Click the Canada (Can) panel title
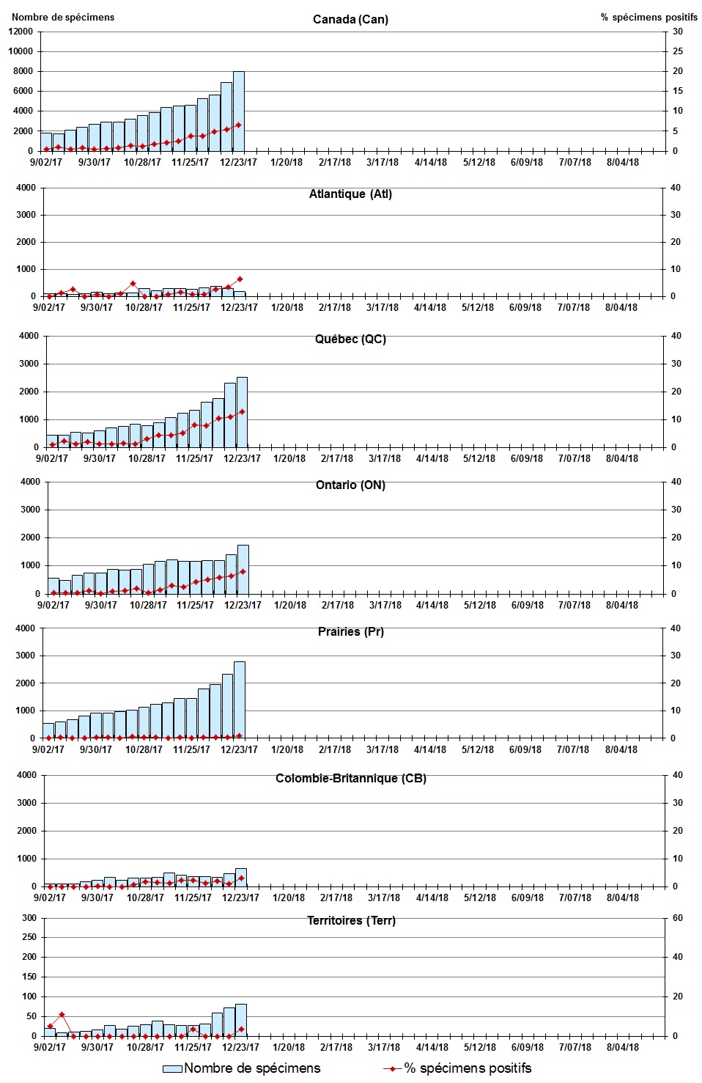point(350,19)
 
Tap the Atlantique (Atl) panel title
point(350,194)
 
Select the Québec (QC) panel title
point(350,339)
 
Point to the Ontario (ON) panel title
point(350,485)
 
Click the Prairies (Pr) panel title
point(350,631)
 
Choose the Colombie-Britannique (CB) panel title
point(350,778)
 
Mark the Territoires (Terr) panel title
point(350,920)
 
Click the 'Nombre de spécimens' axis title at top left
point(63,17)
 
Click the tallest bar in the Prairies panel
point(240,700)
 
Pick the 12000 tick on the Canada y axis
point(21,32)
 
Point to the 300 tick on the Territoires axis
point(29,918)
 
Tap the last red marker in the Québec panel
point(242,412)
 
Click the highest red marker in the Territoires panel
point(62,1015)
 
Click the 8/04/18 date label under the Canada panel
point(622,163)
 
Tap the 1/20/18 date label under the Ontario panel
point(290,606)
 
